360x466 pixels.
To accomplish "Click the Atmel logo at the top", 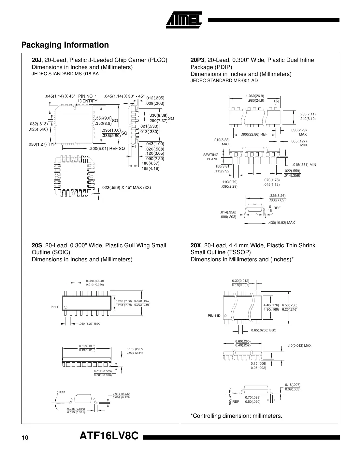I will tap(184, 20).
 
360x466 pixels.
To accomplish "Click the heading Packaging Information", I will tap(65, 45).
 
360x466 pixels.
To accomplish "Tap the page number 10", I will tap(25, 438).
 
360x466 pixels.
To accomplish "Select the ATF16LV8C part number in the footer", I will tap(109, 436).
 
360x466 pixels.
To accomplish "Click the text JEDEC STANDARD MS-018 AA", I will tap(65, 74).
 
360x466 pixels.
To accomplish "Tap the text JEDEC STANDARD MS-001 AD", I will tap(224, 80).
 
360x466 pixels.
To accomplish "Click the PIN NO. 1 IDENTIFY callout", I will tap(88, 98).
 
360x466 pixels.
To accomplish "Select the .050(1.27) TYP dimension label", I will tap(42, 144).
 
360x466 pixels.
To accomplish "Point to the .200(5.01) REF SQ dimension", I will tap(107, 149).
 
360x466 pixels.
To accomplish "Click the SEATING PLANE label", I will tap(211, 157).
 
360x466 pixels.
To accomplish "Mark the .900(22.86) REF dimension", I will tap(254, 134).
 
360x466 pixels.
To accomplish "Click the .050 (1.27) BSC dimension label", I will tap(90, 324).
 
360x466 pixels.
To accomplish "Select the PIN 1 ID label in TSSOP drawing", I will tap(214, 316).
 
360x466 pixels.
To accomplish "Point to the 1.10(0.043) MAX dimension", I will tap(298, 345).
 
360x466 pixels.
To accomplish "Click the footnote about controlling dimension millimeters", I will tap(236, 416).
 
